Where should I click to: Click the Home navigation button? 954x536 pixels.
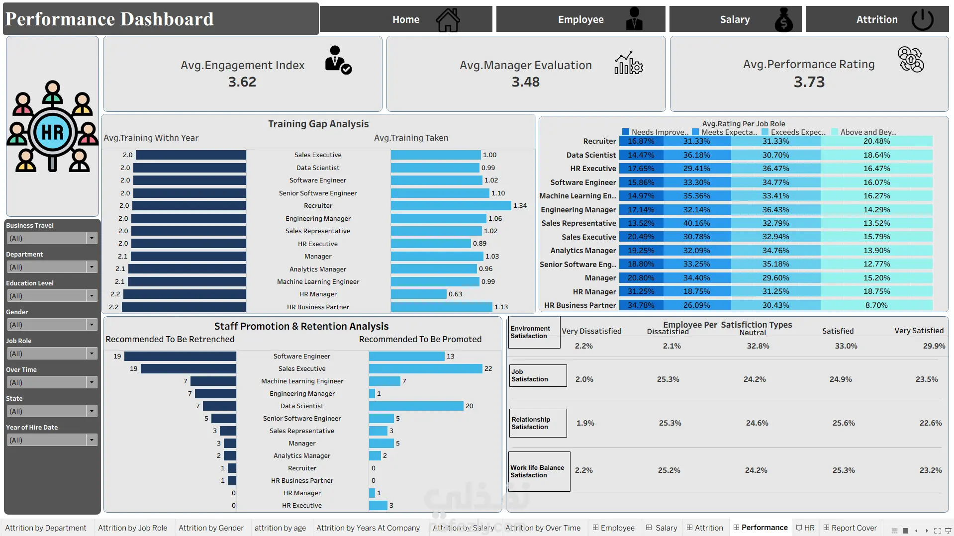click(x=406, y=19)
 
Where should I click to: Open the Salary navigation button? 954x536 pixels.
click(x=735, y=19)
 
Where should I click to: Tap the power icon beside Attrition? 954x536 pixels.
click(x=922, y=19)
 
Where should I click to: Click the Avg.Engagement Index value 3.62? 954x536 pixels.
click(x=242, y=82)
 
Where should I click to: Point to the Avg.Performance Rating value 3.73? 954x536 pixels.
click(x=809, y=82)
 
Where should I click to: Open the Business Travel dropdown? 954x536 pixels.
click(x=52, y=238)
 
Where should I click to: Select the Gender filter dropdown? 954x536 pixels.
click(x=52, y=325)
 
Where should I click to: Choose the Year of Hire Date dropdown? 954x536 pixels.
click(x=52, y=440)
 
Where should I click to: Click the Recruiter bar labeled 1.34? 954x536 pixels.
click(x=451, y=206)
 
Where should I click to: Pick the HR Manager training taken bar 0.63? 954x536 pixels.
click(x=418, y=294)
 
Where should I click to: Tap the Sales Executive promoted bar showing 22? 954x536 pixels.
click(x=425, y=369)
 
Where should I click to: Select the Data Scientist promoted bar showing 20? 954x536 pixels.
click(x=416, y=406)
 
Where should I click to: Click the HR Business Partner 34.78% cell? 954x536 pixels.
click(x=641, y=305)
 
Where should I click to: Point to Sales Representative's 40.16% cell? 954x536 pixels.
click(x=696, y=223)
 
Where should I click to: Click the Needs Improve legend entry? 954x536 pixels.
click(x=655, y=132)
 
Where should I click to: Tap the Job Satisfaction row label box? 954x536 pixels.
click(x=538, y=375)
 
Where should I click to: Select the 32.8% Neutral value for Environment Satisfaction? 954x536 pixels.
click(x=758, y=346)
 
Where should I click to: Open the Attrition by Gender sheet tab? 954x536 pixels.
click(x=211, y=528)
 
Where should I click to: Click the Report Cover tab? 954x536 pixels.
click(x=850, y=528)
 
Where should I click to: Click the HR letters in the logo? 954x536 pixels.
click(x=53, y=133)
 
